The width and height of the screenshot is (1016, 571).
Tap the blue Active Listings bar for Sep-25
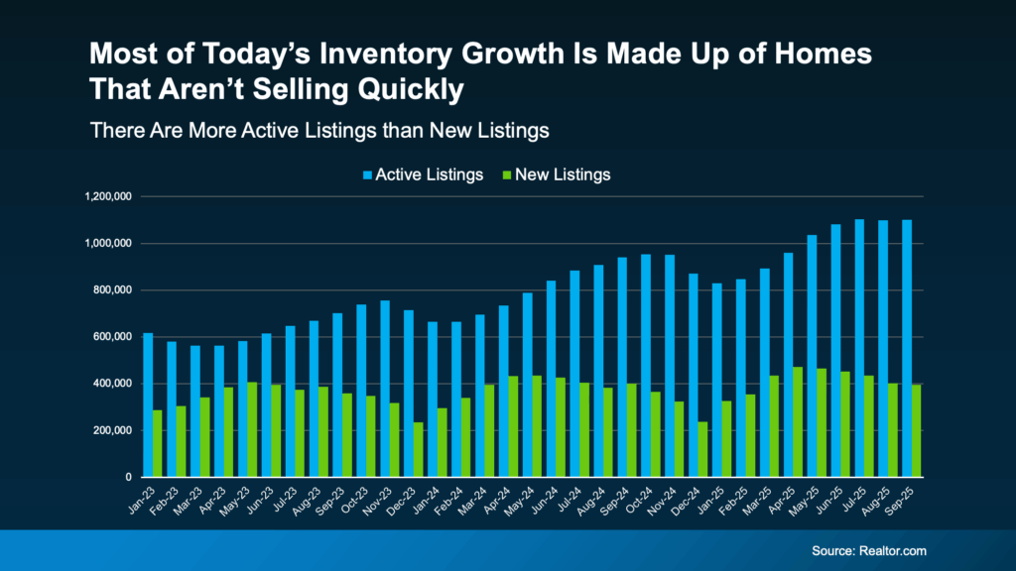point(906,348)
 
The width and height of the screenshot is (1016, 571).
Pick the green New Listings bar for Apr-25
point(797,421)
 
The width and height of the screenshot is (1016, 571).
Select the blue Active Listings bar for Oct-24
point(646,366)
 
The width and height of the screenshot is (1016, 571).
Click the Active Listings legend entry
point(422,174)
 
